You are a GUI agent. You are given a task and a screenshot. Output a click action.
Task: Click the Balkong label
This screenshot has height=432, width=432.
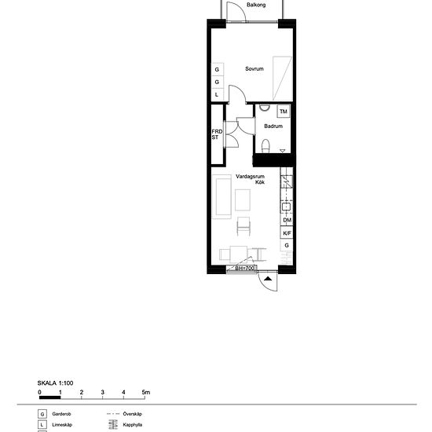pyautogui.click(x=255, y=5)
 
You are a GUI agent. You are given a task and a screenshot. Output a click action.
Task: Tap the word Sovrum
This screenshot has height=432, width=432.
pyautogui.click(x=253, y=69)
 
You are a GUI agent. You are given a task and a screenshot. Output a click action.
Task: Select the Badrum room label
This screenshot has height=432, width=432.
pyautogui.click(x=273, y=126)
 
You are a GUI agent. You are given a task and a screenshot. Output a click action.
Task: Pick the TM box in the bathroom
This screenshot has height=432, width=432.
pyautogui.click(x=283, y=112)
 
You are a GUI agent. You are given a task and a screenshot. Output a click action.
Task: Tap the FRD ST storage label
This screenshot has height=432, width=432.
pyautogui.click(x=216, y=135)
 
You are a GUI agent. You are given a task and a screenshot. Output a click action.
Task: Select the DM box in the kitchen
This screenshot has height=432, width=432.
pyautogui.click(x=287, y=221)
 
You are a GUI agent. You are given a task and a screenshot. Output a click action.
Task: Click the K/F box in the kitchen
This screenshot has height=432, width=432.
pyautogui.click(x=287, y=233)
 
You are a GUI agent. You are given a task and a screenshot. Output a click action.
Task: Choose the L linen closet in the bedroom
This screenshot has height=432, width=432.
pyautogui.click(x=217, y=94)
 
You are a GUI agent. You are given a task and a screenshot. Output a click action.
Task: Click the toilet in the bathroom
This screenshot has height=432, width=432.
pyautogui.click(x=266, y=145)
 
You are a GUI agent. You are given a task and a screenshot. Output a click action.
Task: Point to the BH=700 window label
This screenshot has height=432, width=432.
pyautogui.click(x=246, y=268)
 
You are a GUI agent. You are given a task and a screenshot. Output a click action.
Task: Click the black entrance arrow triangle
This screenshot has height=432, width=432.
pyautogui.click(x=268, y=278)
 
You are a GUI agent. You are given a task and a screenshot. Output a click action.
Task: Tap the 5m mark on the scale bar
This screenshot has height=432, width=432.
pyautogui.click(x=145, y=390)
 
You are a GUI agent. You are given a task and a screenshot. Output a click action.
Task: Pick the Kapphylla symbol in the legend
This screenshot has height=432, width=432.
pyautogui.click(x=111, y=426)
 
